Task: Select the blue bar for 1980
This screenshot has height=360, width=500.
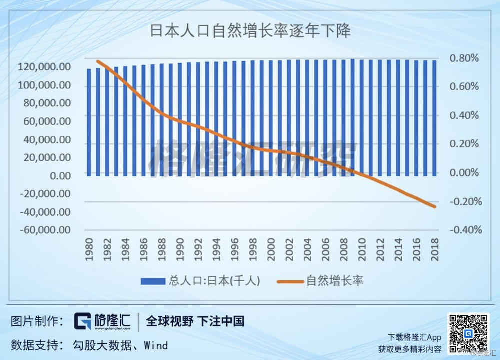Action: [89, 122]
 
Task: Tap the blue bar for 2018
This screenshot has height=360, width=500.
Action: [434, 118]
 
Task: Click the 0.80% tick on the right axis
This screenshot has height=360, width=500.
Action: [464, 58]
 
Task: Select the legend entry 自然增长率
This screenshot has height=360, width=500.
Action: [320, 281]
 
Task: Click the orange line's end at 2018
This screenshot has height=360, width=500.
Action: [435, 206]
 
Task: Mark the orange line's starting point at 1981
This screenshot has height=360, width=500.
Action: [98, 61]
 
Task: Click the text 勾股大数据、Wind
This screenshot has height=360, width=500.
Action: [120, 345]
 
